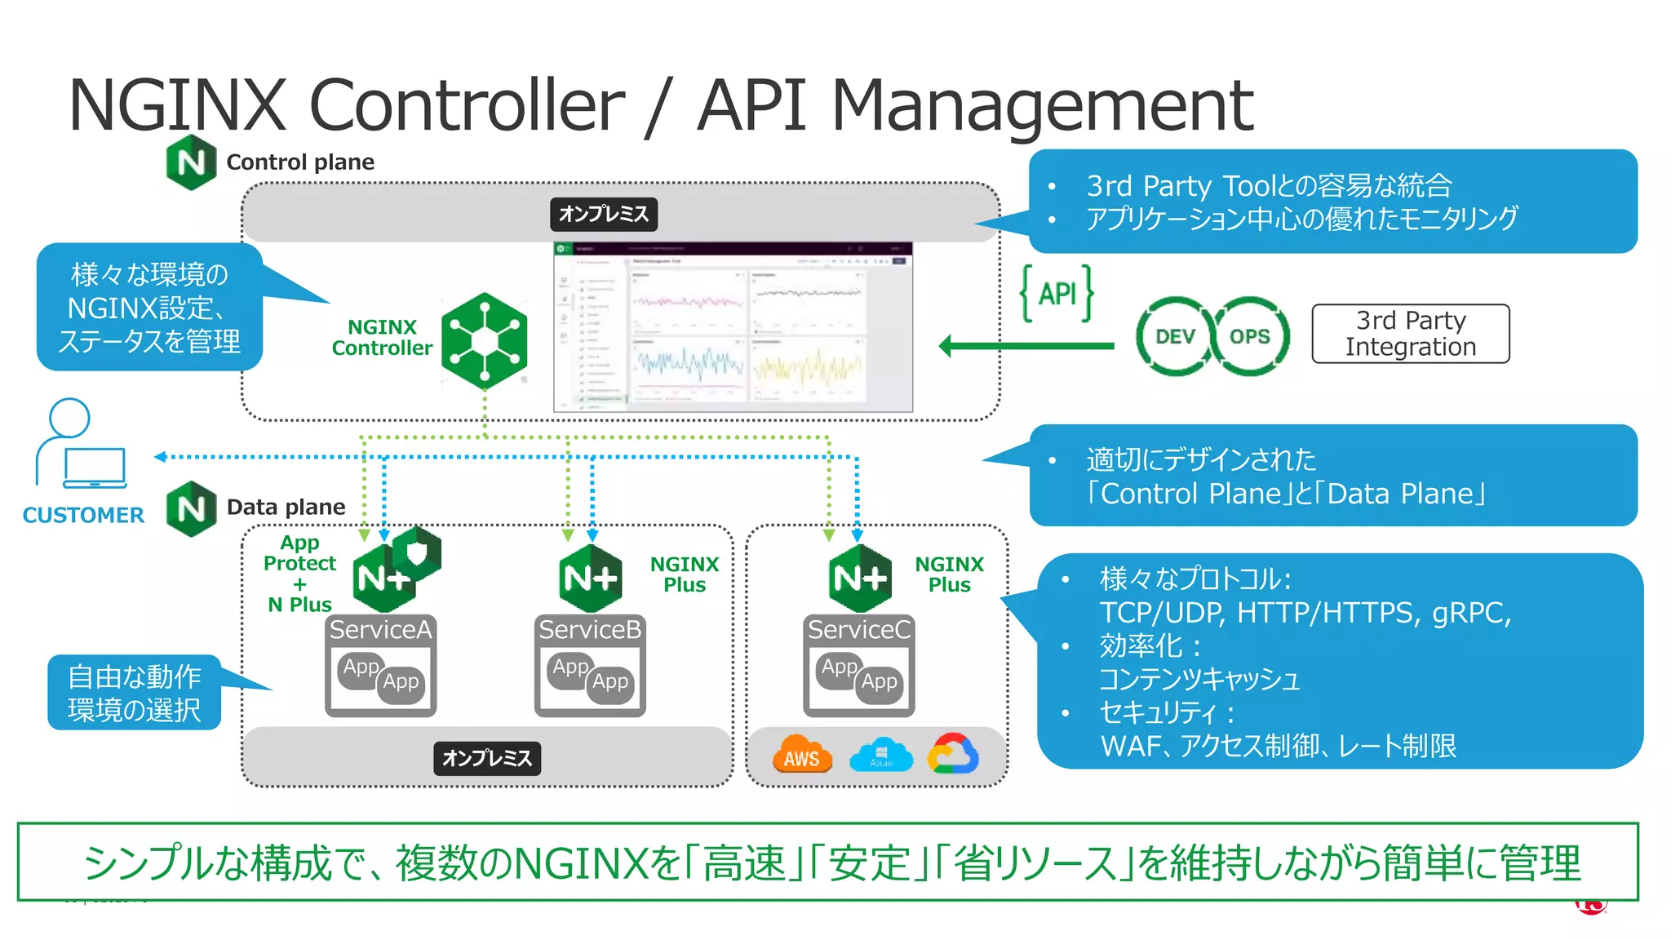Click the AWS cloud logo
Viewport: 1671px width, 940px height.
(801, 755)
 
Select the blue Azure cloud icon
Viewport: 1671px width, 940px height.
(880, 756)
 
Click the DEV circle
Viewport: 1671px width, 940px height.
(1175, 336)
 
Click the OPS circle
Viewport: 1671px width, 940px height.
(1249, 336)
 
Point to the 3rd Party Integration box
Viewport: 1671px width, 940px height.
(1410, 334)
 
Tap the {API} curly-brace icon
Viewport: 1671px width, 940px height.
(1057, 294)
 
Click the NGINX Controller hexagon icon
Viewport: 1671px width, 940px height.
(485, 339)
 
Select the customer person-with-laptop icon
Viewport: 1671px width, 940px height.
(80, 445)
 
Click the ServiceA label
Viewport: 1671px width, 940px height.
(380, 630)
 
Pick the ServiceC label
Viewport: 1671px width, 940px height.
(858, 630)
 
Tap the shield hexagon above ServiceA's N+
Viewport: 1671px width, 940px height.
(417, 552)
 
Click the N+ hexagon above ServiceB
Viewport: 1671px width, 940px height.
(591, 579)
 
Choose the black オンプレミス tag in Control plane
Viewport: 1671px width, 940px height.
(604, 214)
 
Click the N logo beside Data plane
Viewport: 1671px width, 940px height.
(191, 509)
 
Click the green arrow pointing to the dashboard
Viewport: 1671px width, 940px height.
(1026, 346)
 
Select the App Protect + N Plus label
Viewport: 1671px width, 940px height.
(299, 574)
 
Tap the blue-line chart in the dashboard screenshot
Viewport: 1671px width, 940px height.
(690, 367)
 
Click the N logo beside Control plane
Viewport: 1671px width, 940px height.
(191, 162)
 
